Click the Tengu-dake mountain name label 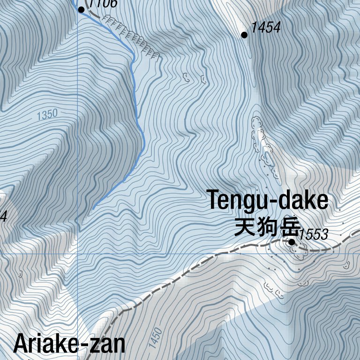pos(268,201)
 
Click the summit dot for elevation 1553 pos(292,242)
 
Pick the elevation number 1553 pos(313,235)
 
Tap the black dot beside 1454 pos(244,35)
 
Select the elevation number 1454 pos(265,28)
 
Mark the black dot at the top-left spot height pos(81,9)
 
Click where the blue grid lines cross pos(77,254)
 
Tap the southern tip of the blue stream pos(93,209)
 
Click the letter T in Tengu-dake pos(214,200)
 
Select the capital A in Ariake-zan pos(22,344)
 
